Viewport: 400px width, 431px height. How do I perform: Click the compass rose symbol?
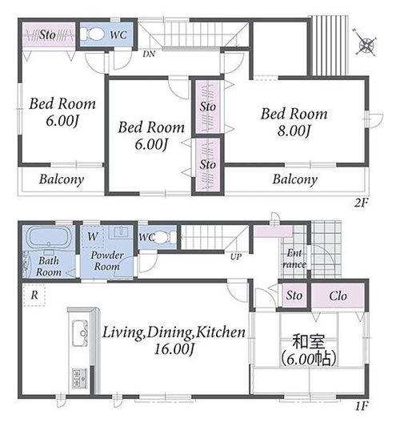pyautogui.click(x=366, y=45)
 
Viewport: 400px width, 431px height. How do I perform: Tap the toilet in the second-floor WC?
pyautogui.click(x=92, y=34)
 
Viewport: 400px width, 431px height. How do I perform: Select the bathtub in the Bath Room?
pyautogui.click(x=49, y=236)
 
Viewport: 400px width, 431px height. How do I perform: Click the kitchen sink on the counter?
pyautogui.click(x=80, y=333)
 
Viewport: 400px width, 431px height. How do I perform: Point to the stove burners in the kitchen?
pyautogui.click(x=80, y=378)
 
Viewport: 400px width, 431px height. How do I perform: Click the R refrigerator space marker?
pyautogui.click(x=34, y=296)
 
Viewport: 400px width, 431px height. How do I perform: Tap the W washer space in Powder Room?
pyautogui.click(x=93, y=236)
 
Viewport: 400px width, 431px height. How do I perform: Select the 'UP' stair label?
pyautogui.click(x=235, y=256)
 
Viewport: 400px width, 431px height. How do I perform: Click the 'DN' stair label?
pyautogui.click(x=149, y=54)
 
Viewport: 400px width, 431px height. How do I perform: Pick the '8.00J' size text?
pyautogui.click(x=294, y=131)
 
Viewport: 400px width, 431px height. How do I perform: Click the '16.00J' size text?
pyautogui.click(x=174, y=349)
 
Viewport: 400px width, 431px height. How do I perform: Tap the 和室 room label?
pyautogui.click(x=309, y=341)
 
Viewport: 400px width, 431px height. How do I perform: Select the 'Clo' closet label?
pyautogui.click(x=338, y=296)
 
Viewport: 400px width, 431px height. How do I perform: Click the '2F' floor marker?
pyautogui.click(x=361, y=203)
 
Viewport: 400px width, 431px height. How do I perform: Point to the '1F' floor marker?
pyautogui.click(x=362, y=406)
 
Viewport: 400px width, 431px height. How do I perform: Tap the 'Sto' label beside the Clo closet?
pyautogui.click(x=294, y=296)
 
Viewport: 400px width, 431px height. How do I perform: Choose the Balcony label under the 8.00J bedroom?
pyautogui.click(x=295, y=179)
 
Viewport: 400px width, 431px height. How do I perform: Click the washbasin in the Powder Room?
pyautogui.click(x=121, y=232)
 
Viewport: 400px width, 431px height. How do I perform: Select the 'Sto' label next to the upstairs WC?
pyautogui.click(x=47, y=35)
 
